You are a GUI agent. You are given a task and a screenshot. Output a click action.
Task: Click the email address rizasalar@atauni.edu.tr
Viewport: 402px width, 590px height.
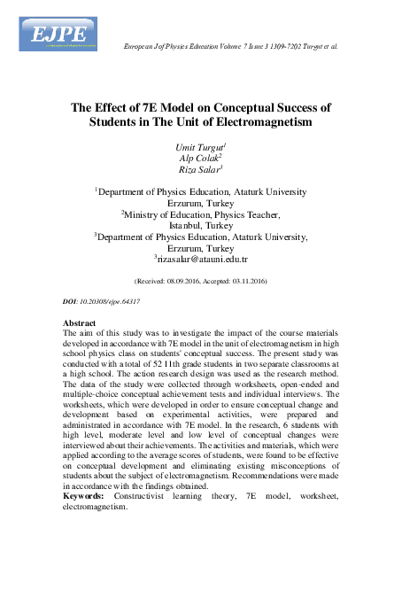coord(203,260)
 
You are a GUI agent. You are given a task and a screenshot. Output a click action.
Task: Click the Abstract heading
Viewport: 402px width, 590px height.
coord(81,324)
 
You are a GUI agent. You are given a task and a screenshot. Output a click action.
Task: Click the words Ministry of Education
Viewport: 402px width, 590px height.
coord(174,213)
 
